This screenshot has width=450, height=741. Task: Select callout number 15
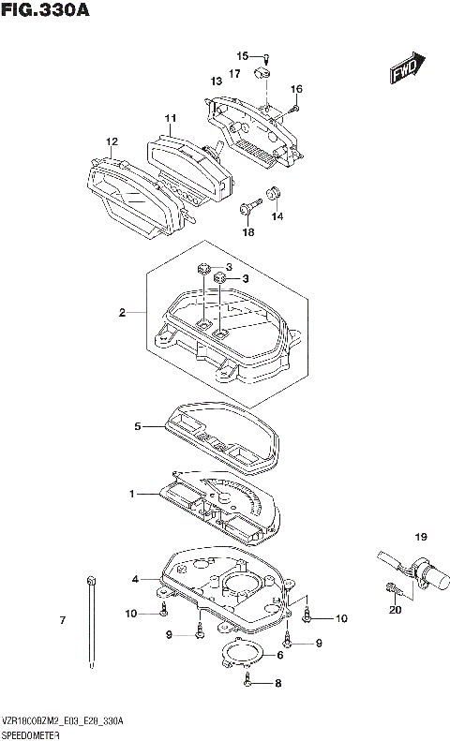click(242, 55)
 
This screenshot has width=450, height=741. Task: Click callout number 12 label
click(112, 141)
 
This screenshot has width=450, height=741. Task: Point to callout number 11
click(170, 118)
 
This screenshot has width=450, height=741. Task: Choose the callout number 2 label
click(122, 312)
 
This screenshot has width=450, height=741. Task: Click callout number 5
click(137, 426)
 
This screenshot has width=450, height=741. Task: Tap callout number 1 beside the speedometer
click(132, 493)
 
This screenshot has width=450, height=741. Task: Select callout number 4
click(135, 580)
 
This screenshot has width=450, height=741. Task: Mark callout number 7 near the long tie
click(63, 621)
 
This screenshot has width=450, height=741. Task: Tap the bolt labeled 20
click(392, 590)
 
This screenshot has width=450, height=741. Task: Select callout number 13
click(216, 81)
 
